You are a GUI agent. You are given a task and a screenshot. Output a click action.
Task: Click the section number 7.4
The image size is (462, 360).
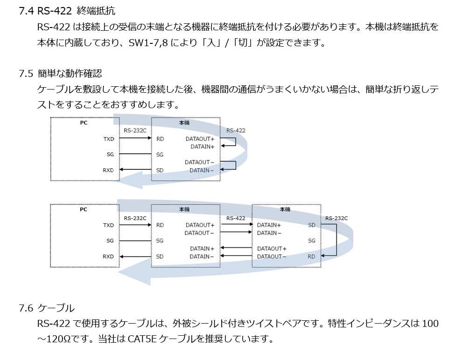click(26, 11)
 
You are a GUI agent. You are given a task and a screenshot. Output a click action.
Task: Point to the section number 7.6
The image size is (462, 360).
click(26, 308)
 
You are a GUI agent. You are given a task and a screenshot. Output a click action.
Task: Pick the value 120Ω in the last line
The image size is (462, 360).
click(60, 339)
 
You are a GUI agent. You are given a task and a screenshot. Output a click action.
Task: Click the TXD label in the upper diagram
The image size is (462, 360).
click(108, 139)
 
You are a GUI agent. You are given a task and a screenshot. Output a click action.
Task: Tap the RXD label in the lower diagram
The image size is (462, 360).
click(108, 256)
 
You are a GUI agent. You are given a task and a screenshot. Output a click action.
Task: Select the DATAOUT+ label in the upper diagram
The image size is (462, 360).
click(200, 139)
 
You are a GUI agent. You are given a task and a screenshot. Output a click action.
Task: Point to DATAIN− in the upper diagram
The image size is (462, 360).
click(202, 170)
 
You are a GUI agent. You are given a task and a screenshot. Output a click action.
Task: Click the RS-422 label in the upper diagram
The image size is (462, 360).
click(236, 131)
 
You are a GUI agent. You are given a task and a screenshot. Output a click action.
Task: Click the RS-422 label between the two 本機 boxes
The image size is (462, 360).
click(236, 218)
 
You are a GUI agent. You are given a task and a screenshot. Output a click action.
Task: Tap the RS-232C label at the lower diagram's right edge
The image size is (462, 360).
click(336, 218)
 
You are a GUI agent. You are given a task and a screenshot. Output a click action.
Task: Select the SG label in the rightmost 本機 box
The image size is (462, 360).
click(312, 241)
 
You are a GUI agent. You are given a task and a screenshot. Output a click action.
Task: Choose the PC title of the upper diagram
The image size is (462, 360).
click(84, 123)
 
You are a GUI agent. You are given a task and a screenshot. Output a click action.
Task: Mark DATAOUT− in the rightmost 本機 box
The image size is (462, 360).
click(272, 256)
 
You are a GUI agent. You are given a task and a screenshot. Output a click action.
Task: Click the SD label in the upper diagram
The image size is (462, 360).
click(160, 170)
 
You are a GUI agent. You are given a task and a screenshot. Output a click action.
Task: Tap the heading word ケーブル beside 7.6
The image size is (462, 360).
click(56, 308)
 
